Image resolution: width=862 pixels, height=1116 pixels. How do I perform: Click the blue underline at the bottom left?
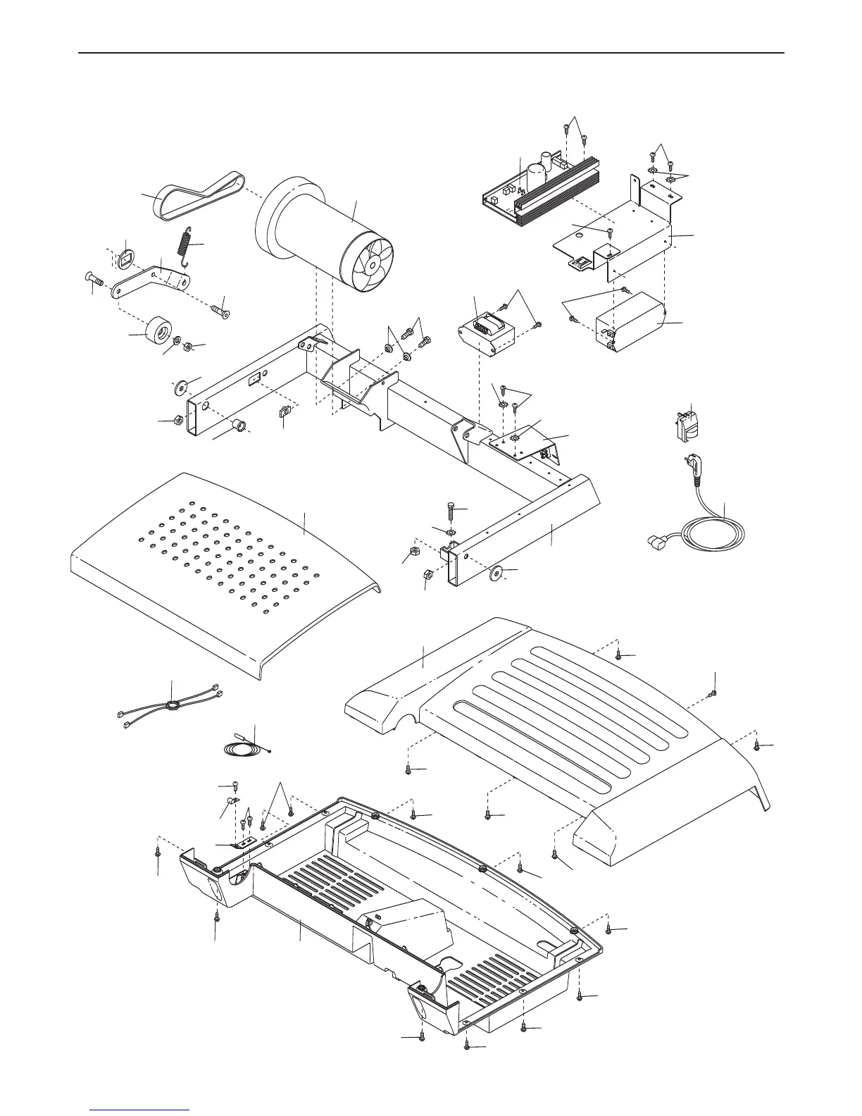(139, 1110)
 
